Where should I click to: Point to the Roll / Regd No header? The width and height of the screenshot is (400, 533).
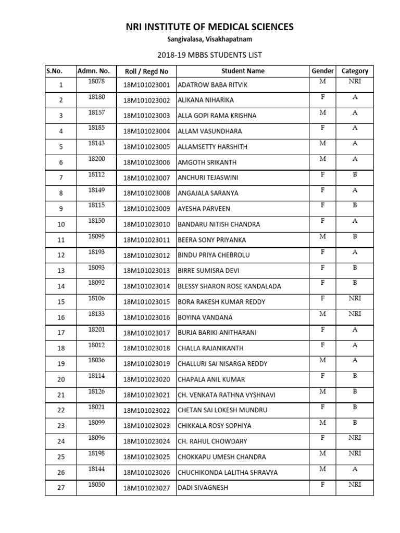pos(146,71)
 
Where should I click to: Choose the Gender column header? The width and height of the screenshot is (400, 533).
pos(322,71)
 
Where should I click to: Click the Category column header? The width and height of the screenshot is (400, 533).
pos(355,71)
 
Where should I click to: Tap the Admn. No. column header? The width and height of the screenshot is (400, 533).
pos(93,71)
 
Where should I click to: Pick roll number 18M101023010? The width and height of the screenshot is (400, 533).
pos(147,225)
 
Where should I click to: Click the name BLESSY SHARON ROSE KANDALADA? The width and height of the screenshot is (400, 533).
pos(230,287)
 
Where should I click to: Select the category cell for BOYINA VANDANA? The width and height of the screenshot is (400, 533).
pos(355,314)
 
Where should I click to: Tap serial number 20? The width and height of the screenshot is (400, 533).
pos(61,379)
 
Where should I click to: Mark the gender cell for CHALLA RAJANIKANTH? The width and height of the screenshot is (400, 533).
pos(322,345)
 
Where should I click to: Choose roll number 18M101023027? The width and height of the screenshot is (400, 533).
pos(147,488)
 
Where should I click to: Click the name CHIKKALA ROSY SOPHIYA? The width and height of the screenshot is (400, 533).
pos(215,426)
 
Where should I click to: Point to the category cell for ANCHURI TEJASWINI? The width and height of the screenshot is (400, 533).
pos(355,174)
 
